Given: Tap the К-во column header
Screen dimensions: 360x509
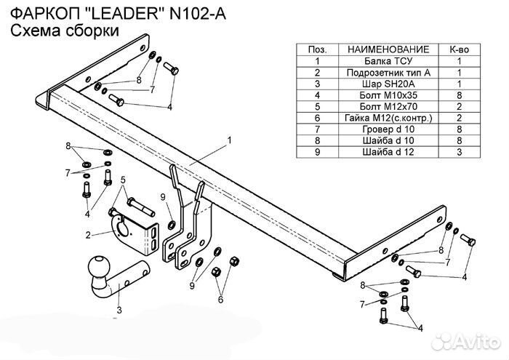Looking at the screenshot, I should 460,49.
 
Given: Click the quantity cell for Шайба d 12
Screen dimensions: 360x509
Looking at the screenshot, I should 460,151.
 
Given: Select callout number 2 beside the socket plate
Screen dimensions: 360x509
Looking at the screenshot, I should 88,235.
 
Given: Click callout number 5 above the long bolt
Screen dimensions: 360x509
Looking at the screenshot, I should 124,180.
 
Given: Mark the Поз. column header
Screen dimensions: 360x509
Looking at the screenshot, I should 317,49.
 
